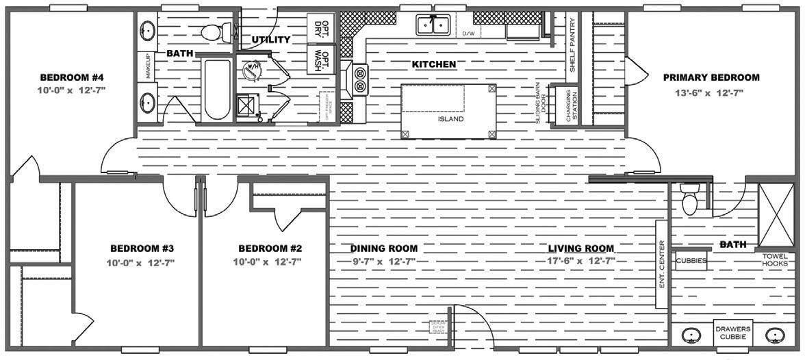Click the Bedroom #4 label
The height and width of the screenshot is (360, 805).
[73, 77]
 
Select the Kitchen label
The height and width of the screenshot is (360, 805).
[434, 64]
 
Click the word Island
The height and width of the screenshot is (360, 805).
[451, 118]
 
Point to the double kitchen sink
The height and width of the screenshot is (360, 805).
[433, 25]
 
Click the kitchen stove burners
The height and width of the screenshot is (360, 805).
[360, 79]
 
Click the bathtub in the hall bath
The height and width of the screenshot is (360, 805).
[217, 89]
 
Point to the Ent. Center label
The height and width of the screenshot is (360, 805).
[662, 263]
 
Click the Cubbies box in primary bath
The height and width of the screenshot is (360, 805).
[691, 261]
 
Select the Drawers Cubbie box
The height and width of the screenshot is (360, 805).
[734, 333]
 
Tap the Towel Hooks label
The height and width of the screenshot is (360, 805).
[775, 259]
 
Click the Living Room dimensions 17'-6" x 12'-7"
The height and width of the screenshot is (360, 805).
[580, 261]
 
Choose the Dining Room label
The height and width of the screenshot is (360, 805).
[383, 248]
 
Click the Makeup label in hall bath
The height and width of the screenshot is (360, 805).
[146, 66]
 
